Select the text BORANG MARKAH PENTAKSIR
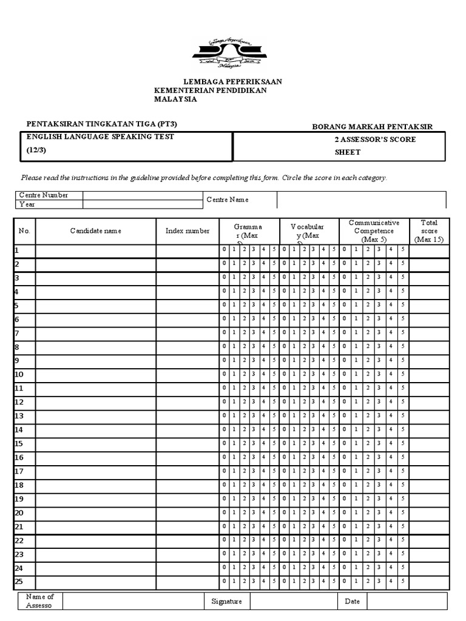tap(372, 127)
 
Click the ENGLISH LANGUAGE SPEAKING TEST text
tap(100, 137)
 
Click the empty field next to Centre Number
tap(143, 195)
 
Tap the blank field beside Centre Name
tap(362, 200)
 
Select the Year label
tap(27, 204)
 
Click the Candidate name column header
tap(95, 231)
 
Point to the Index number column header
tap(187, 231)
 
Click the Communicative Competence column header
tap(374, 231)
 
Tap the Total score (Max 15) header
tap(429, 231)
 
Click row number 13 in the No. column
tap(19, 416)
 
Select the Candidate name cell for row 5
tap(95, 305)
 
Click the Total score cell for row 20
tap(429, 513)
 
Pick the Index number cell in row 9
tap(187, 360)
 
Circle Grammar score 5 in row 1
tap(274, 250)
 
